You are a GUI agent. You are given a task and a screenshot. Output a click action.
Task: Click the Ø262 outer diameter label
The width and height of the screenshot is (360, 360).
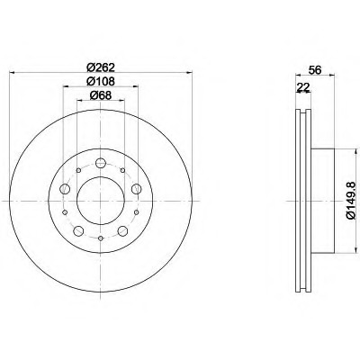coord(101,67)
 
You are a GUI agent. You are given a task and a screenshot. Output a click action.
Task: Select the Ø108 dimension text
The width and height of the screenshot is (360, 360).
coord(101,81)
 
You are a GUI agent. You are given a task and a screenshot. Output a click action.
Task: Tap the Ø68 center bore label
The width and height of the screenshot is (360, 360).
coord(101,95)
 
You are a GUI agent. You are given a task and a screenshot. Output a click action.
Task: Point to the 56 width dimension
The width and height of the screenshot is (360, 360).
coord(315,70)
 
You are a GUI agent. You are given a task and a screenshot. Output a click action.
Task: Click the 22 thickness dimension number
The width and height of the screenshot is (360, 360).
coord(303,87)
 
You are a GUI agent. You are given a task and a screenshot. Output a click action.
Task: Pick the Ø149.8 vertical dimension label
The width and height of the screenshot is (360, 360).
coord(350,201)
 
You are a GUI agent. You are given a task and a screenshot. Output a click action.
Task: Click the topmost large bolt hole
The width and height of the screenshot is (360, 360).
coord(101,164)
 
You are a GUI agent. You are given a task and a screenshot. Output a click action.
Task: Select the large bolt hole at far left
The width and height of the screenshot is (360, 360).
coord(65,189)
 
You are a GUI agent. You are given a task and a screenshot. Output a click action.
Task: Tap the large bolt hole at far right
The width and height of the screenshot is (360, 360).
coord(136,189)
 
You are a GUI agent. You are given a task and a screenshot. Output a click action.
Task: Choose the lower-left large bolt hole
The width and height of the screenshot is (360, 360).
coord(78,231)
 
